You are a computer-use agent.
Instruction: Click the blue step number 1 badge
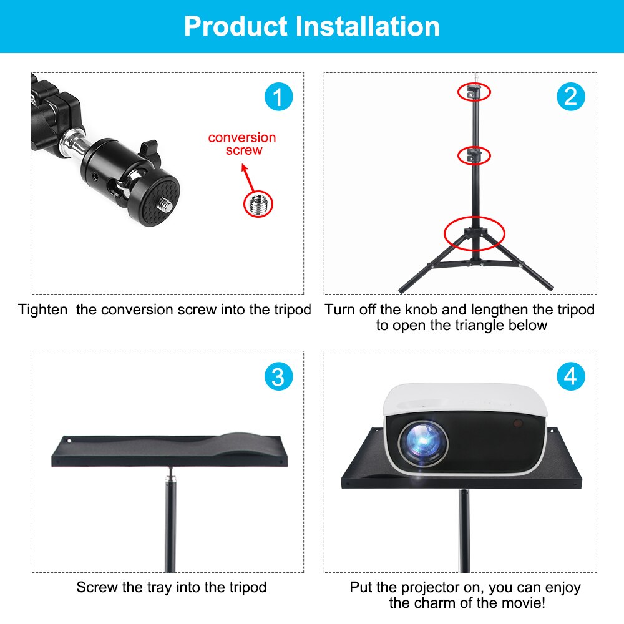click(x=278, y=97)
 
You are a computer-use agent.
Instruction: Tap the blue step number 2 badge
click(x=570, y=97)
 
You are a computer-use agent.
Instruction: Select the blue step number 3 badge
click(x=278, y=377)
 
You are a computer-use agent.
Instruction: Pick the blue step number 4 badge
click(x=570, y=377)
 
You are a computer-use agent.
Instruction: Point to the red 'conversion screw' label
click(x=242, y=144)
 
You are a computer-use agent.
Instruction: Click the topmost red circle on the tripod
click(x=474, y=92)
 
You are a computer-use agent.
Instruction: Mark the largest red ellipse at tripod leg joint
click(x=474, y=233)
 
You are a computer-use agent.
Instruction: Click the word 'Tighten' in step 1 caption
click(x=42, y=310)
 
